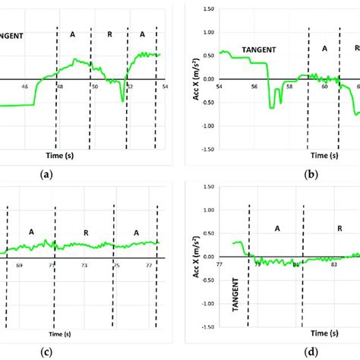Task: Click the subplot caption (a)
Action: pyautogui.click(x=46, y=174)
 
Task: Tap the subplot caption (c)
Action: pyautogui.click(x=46, y=352)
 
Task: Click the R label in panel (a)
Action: pyautogui.click(x=109, y=34)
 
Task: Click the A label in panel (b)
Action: pyautogui.click(x=324, y=48)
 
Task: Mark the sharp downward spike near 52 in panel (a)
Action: pyautogui.click(x=122, y=99)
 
